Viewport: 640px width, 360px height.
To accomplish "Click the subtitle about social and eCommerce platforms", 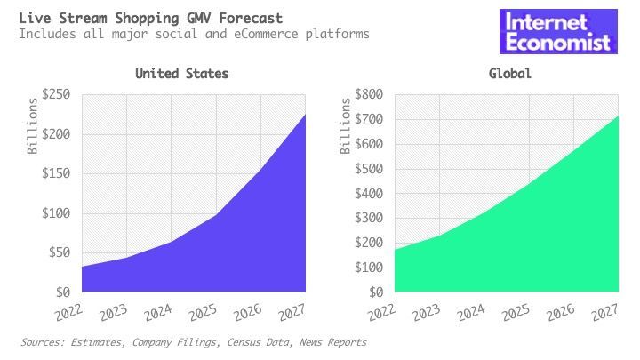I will click(x=194, y=34).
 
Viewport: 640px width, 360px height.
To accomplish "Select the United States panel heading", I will click(x=181, y=74).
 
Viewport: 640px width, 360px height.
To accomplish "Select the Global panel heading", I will click(x=509, y=74).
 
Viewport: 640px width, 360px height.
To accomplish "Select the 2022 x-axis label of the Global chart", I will click(x=380, y=312).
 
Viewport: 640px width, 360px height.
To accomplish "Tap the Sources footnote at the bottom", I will click(x=193, y=342).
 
